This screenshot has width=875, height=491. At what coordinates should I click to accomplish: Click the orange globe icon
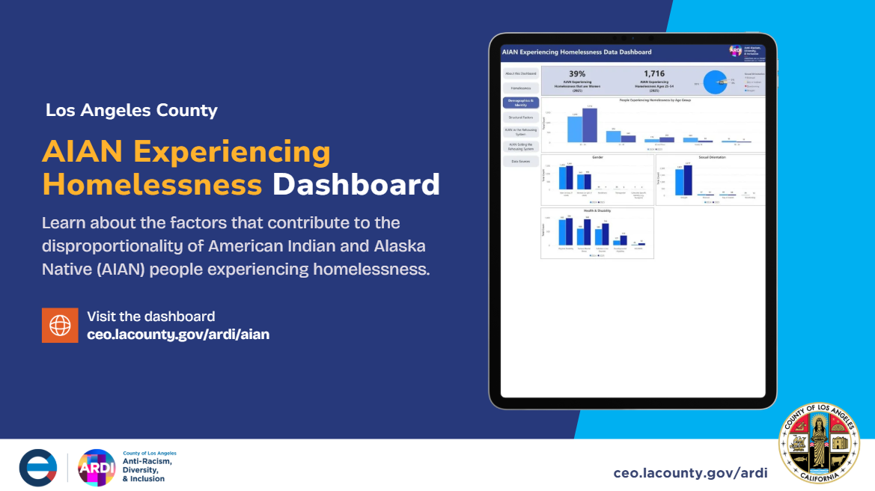(x=60, y=325)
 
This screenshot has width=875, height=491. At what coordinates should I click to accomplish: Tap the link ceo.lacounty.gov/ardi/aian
(x=178, y=335)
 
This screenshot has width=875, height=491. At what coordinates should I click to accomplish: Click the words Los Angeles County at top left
(x=132, y=111)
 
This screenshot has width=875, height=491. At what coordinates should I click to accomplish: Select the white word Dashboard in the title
(x=356, y=184)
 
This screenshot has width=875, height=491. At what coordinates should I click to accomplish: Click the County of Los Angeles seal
(x=819, y=442)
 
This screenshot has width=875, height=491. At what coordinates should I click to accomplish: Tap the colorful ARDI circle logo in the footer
(x=97, y=468)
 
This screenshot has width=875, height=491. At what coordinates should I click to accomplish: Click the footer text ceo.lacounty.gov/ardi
(x=690, y=473)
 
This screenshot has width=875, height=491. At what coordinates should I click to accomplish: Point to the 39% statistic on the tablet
(x=577, y=74)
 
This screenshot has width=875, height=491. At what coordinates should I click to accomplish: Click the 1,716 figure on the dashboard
(x=653, y=74)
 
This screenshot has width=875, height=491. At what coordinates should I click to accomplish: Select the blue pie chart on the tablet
(x=715, y=82)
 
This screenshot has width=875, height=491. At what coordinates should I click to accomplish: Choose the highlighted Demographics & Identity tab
(x=520, y=103)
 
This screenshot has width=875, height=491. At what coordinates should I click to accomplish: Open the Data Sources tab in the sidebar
(x=520, y=161)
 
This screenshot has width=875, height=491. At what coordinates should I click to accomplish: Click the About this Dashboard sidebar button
(x=520, y=73)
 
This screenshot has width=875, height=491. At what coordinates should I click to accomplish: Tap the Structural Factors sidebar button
(x=520, y=118)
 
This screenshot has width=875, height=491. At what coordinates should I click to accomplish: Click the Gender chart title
(x=597, y=157)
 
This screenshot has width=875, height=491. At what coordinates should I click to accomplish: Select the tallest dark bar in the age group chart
(x=589, y=125)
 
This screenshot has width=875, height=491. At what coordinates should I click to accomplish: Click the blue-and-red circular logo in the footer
(x=38, y=468)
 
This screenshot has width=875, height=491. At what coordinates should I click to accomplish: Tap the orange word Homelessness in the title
(x=152, y=184)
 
